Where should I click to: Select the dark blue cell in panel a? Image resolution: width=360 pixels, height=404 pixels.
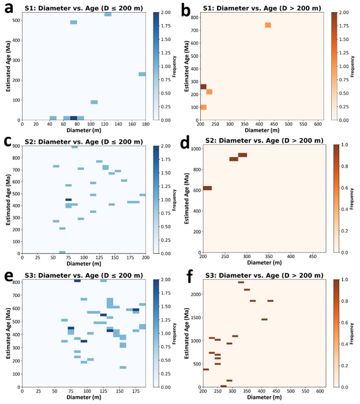(x=73, y=118)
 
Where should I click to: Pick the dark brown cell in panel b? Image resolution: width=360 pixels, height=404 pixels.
(x=203, y=87)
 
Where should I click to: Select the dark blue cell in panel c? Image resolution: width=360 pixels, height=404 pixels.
(x=68, y=200)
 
